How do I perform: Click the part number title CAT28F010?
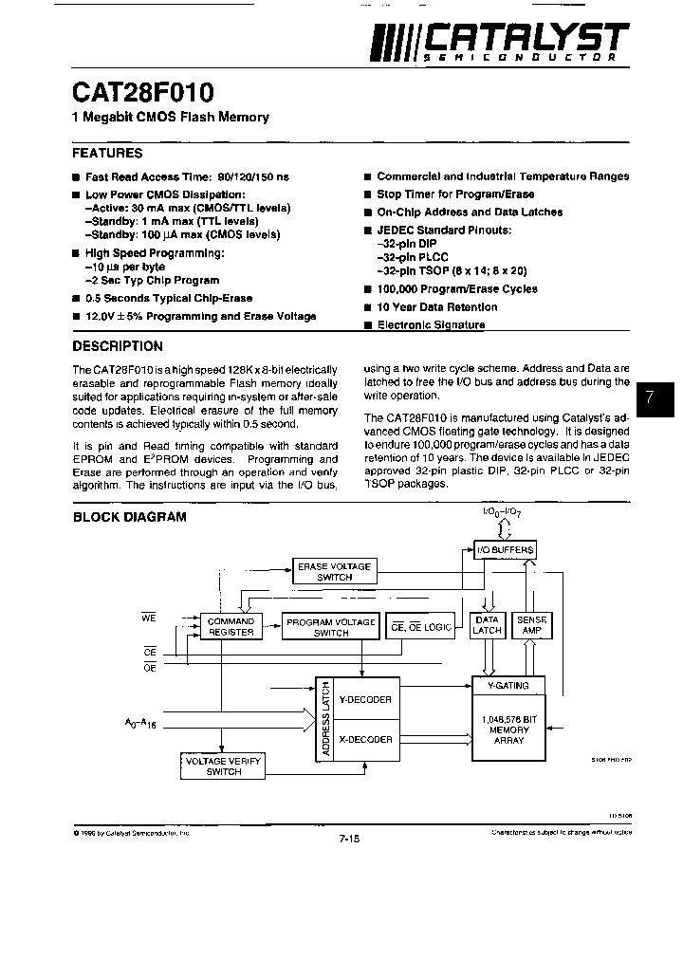pyautogui.click(x=143, y=92)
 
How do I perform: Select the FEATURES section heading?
pyautogui.click(x=107, y=153)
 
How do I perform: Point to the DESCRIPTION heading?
pyautogui.click(x=118, y=346)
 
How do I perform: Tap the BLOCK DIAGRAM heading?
pyautogui.click(x=129, y=517)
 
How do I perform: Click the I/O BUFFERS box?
pyautogui.click(x=506, y=550)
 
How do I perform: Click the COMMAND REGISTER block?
pyautogui.click(x=230, y=626)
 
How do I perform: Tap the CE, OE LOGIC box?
pyautogui.click(x=421, y=627)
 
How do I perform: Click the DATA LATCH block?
pyautogui.click(x=487, y=625)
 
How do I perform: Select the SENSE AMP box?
pyautogui.click(x=530, y=625)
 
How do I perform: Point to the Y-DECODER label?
pyautogui.click(x=365, y=699)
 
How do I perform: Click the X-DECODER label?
pyautogui.click(x=365, y=739)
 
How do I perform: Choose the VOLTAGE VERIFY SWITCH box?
pyautogui.click(x=223, y=766)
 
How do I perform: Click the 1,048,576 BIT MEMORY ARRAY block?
pyautogui.click(x=509, y=729)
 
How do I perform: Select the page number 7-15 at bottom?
pyautogui.click(x=349, y=839)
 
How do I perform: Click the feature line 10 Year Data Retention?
pyautogui.click(x=437, y=307)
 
